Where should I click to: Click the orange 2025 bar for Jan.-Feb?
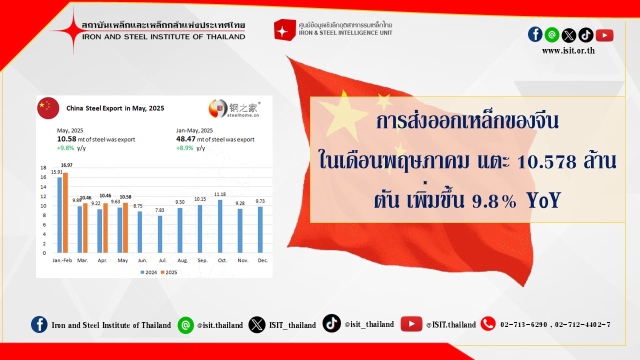pos(65,212)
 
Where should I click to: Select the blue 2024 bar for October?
pos(220,226)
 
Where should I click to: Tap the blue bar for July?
pos(160,234)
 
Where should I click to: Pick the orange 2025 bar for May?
pos(125,227)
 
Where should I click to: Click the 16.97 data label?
pos(66,165)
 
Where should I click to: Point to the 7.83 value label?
pos(159,210)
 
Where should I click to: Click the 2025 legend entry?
pos(169,272)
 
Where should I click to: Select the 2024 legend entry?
pos(149,272)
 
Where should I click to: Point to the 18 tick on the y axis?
pos(43,167)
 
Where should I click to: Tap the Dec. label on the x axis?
pos(262,260)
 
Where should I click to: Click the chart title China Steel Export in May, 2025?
pos(115,108)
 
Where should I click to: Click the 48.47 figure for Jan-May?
pos(185,139)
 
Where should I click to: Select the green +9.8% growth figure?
pos(65,148)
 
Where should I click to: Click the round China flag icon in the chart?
pos(48,108)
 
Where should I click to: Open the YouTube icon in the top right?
pos(604,35)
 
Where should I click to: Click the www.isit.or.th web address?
pos(568,51)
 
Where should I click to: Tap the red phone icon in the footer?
pos(488,323)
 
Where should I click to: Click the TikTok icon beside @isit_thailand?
pos(331,323)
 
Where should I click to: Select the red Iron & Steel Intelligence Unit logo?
pos(284,29)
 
